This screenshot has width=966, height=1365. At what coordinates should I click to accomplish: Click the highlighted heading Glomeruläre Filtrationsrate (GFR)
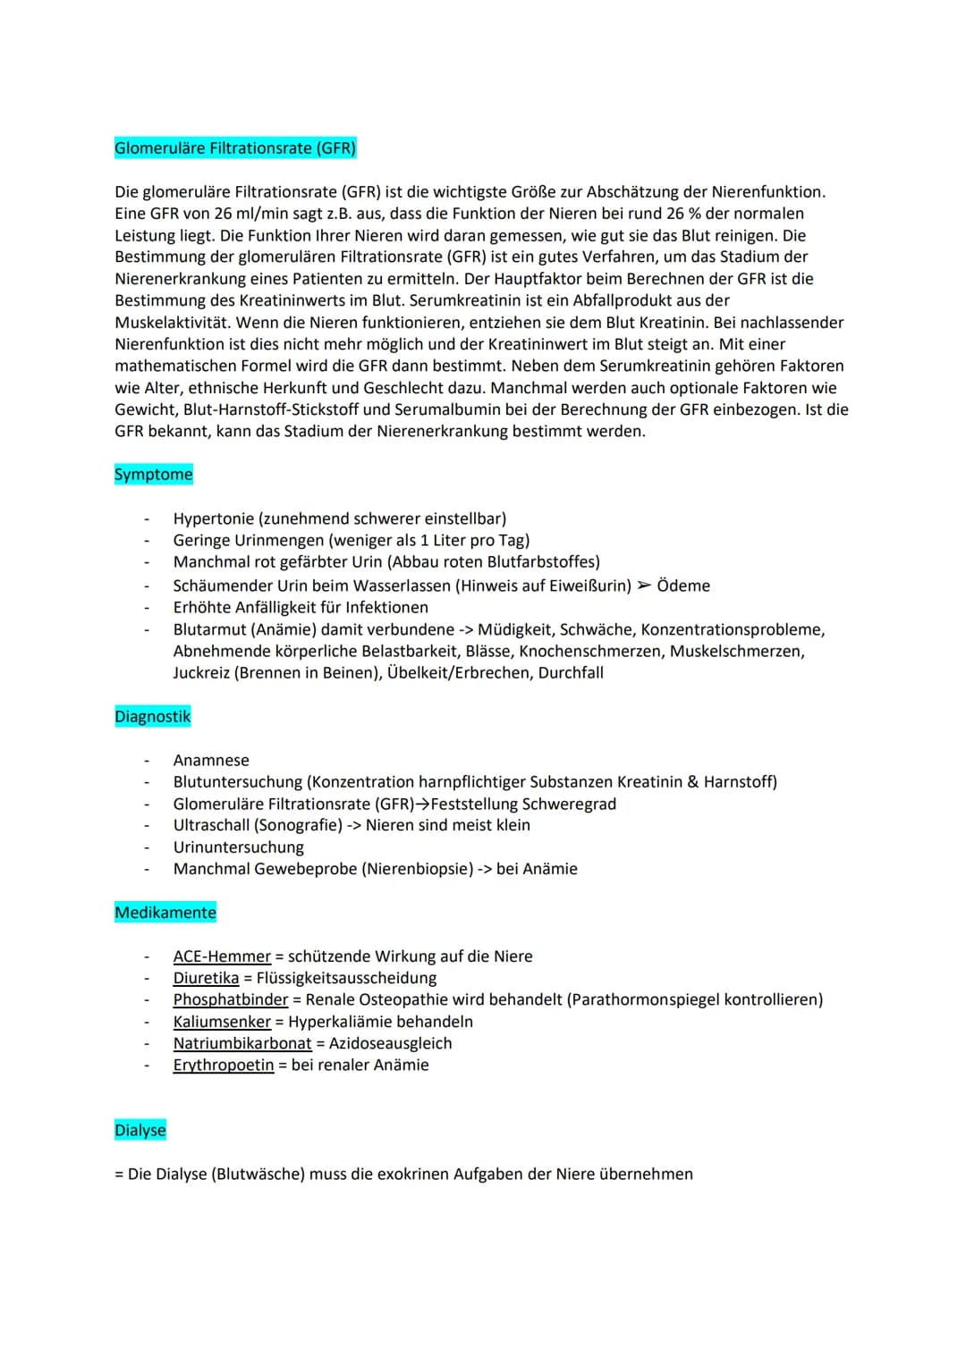coord(235,148)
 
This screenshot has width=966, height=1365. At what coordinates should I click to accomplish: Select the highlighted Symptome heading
coord(153,475)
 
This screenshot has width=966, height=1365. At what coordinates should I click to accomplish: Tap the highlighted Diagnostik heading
coord(152,717)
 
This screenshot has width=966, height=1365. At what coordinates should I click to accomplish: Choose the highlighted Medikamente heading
coord(165,913)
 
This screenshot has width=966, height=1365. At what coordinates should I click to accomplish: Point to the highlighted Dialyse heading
coord(140,1131)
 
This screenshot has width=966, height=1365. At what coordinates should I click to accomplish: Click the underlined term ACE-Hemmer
coord(222,956)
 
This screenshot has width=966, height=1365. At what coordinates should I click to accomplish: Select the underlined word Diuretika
coord(206,978)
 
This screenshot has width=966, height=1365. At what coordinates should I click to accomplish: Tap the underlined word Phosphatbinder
coord(231,999)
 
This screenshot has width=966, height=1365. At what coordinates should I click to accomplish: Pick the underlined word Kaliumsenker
coord(222,1022)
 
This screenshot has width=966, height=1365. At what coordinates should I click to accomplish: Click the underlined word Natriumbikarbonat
coord(242,1043)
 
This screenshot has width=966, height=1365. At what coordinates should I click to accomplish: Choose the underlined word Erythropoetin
coord(224,1065)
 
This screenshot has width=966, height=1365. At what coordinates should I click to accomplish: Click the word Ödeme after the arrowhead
coord(683,586)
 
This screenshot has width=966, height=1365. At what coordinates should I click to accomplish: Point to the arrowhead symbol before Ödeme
coord(644,586)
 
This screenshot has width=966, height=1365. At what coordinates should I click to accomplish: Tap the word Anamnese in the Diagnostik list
coord(211,761)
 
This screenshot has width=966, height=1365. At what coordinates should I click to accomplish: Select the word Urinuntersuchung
coord(239,847)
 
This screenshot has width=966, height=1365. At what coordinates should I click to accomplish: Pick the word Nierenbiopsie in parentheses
coord(418,869)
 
